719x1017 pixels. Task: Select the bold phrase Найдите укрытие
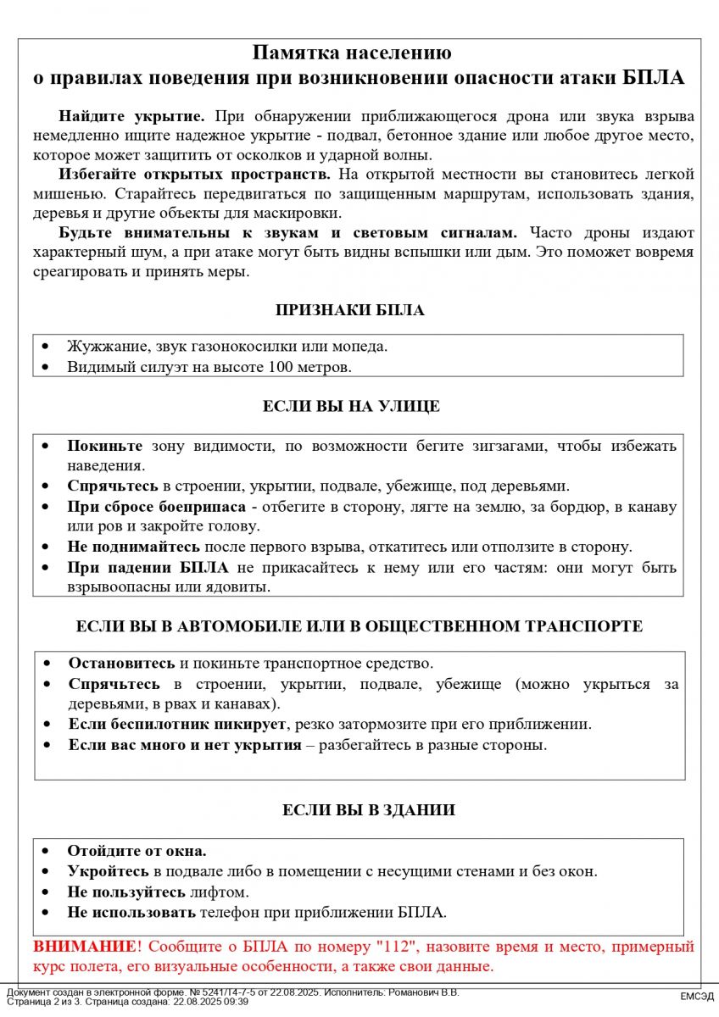point(131,116)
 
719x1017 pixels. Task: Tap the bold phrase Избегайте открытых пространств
point(195,175)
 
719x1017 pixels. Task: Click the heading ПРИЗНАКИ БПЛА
point(350,310)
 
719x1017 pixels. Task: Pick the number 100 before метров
point(280,367)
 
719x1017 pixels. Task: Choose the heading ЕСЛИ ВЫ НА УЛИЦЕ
point(351,406)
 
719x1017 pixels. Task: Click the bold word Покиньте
point(105,446)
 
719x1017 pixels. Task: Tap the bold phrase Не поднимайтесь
point(134,547)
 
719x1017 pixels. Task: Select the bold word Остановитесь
point(122,663)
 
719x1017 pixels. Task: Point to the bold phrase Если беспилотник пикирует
point(179,725)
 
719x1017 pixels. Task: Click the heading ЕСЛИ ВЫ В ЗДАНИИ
point(368,810)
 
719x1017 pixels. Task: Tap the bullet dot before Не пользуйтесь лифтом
point(47,892)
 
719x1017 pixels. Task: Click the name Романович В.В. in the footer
point(421,992)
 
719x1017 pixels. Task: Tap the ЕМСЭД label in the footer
point(696,997)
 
